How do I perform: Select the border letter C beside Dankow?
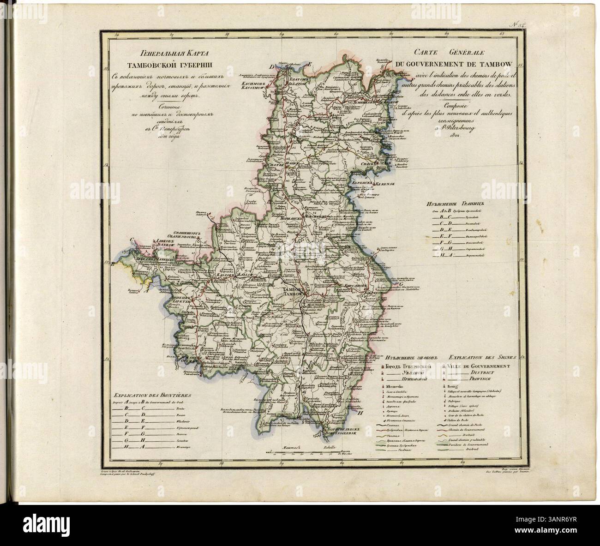coord(132,240)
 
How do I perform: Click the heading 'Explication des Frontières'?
coord(153,395)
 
